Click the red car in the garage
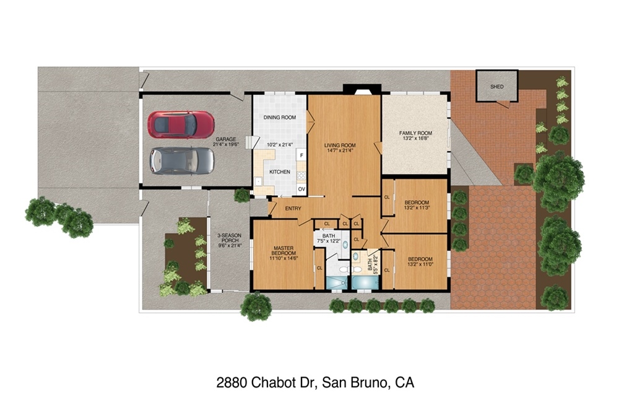click(x=181, y=125)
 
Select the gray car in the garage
click(x=181, y=161)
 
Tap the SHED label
click(x=497, y=87)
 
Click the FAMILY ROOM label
click(x=416, y=133)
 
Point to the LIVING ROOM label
click(x=340, y=145)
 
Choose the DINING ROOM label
click(x=280, y=117)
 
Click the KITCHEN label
click(x=280, y=172)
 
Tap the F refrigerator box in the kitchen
click(x=301, y=155)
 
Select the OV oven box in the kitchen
click(x=301, y=189)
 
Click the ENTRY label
click(x=293, y=209)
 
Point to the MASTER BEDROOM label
click(x=284, y=251)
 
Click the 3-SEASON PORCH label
click(x=230, y=238)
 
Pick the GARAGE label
click(x=226, y=139)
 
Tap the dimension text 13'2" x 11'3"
click(x=417, y=207)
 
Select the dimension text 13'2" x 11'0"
click(x=420, y=264)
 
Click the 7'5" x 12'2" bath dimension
click(x=329, y=241)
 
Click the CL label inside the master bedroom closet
click(x=319, y=268)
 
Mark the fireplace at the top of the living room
click(x=362, y=89)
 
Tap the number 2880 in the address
click(x=232, y=383)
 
